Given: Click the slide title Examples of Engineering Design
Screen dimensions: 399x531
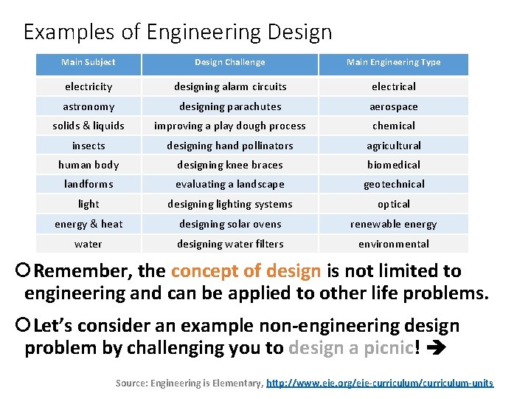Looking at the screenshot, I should coord(178,33).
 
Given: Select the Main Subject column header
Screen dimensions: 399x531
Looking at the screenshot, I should coord(88,63).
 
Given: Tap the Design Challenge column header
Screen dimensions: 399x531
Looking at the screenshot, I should coord(230,63).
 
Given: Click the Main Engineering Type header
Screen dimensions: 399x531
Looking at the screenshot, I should coord(394,63).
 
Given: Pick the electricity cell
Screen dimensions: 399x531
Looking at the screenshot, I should coord(88,86).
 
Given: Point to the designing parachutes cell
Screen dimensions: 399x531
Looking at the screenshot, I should coord(230,106).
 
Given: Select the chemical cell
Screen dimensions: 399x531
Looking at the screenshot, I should coord(394,126).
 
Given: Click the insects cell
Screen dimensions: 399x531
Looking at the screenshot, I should coord(88,146).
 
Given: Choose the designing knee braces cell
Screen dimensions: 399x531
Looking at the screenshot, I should coord(230,165).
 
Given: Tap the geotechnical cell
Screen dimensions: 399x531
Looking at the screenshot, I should coord(394,184).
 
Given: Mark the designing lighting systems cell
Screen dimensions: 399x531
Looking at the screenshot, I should coord(230,204).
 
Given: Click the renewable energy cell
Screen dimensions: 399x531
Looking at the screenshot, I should coord(394,224).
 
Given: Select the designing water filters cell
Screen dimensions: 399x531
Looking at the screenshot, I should coord(230,244).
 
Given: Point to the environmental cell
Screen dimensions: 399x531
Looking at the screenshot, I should coord(394,244).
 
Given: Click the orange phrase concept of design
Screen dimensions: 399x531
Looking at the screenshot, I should coord(246,271).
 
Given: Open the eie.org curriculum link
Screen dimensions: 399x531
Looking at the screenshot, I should coord(379,383).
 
